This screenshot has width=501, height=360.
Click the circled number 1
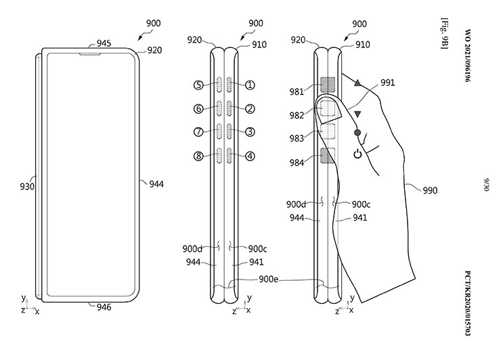pos(250,85)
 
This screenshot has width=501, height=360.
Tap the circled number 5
pos(198,85)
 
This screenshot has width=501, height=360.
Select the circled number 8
pos(198,156)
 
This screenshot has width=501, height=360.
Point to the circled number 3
pos(250,132)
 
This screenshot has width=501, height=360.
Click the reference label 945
pos(104,43)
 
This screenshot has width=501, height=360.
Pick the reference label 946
pos(104,307)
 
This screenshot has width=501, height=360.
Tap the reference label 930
pos(27,185)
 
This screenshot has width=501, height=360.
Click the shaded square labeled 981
pos(328,85)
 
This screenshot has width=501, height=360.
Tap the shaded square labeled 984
pos(328,158)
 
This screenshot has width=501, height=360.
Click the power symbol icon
pos(357,154)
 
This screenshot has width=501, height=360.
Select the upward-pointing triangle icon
pos(357,83)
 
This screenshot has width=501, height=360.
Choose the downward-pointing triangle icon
pos(357,114)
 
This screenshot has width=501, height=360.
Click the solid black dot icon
pos(357,133)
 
